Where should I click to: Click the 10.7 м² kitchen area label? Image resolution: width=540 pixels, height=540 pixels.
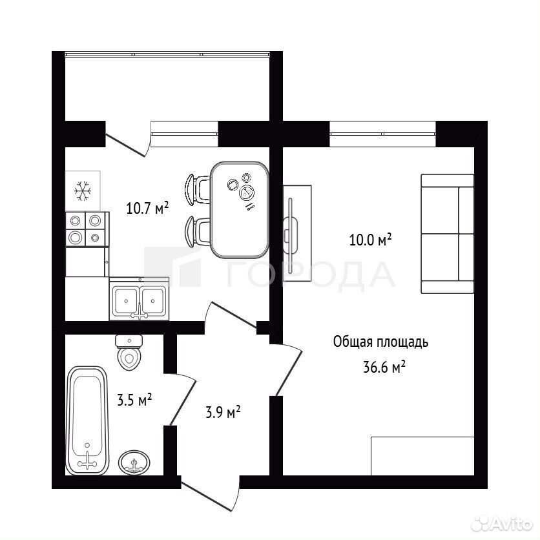click(x=147, y=208)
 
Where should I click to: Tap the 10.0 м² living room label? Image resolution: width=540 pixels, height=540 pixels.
click(x=370, y=240)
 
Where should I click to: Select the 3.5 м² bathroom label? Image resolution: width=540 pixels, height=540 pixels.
click(x=134, y=400)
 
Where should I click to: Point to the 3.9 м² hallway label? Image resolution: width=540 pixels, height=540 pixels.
click(x=223, y=412)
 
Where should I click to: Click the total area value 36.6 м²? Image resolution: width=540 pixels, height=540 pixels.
click(x=384, y=367)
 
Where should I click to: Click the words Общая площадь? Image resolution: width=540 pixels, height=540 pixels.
click(x=380, y=342)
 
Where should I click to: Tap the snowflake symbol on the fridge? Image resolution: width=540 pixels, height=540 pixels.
click(x=83, y=191)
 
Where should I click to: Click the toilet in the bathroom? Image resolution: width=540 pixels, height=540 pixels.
click(x=129, y=352)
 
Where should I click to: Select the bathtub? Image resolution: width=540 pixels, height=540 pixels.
click(x=87, y=421)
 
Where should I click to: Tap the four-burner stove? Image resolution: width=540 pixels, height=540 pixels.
click(x=87, y=229)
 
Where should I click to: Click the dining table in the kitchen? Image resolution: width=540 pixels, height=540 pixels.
click(x=240, y=210)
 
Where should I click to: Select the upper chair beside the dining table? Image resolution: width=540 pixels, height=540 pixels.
click(x=198, y=190)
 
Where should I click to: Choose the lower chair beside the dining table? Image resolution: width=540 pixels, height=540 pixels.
click(x=198, y=232)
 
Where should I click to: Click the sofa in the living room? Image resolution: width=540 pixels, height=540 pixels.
click(x=448, y=234)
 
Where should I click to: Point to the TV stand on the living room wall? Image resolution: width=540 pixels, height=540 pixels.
click(x=297, y=233)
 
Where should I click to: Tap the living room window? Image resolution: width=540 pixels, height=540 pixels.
click(x=382, y=134)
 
